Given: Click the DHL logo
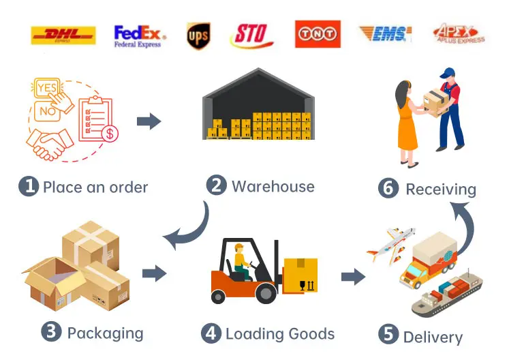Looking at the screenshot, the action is pos(63,35).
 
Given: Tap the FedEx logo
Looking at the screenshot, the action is pos(138,35).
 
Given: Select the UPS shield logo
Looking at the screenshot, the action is pos(198,35).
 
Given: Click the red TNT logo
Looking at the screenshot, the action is pos(318,34).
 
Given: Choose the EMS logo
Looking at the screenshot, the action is pos(385,33).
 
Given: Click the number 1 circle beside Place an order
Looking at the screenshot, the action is pos(28,187).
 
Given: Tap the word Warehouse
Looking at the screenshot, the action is pos(273,186).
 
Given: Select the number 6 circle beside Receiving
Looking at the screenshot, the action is pos(388,188).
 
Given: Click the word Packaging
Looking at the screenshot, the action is pos(105,333).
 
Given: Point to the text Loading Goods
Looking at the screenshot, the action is pos(280,333).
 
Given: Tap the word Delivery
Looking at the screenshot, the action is pos(433,336).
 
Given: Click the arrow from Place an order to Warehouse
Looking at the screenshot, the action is pos(149,122).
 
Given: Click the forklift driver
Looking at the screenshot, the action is pos(242,260).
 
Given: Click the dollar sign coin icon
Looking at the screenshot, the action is pos(109,134).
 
